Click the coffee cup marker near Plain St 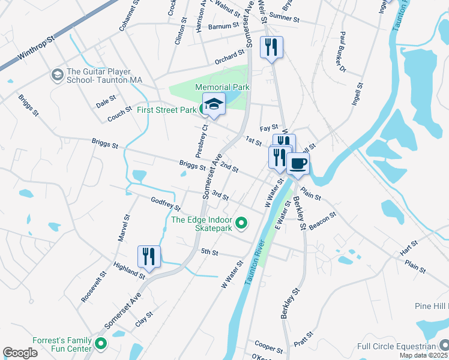(297, 163)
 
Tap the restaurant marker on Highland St (148, 256)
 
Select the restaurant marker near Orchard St (271, 47)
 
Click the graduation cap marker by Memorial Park (214, 104)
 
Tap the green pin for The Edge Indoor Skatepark (241, 224)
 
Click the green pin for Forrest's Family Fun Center (101, 345)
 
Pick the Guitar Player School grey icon (58, 75)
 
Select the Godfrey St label (166, 204)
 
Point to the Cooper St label (268, 346)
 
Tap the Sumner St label (285, 18)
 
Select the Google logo (20, 353)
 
